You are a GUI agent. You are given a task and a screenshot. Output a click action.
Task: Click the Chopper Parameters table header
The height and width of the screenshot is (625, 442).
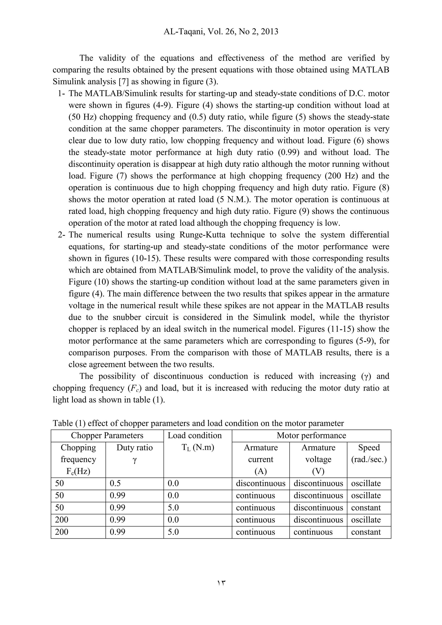(x=107, y=436)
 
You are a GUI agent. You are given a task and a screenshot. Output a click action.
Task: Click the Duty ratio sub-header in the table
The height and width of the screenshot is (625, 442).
(x=134, y=453)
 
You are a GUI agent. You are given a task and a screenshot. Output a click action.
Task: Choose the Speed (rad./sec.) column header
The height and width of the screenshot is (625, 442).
(x=369, y=453)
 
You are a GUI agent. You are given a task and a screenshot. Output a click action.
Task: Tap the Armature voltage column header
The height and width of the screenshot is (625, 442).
(x=318, y=459)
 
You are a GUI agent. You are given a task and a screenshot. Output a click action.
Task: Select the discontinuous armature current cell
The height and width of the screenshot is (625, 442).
(x=260, y=483)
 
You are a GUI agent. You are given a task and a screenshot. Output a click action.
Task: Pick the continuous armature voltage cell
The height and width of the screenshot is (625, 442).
(x=313, y=532)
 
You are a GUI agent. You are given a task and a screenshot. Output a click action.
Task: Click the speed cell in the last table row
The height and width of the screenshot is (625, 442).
(x=366, y=532)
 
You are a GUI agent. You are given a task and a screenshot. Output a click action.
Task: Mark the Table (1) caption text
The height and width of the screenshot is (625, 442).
(x=198, y=423)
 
